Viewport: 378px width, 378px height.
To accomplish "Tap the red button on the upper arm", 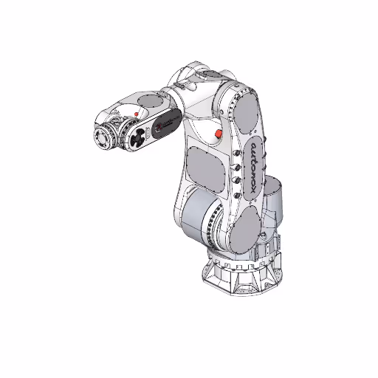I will pyautogui.click(x=217, y=133).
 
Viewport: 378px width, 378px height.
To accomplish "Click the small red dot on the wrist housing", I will pyautogui.click(x=137, y=112).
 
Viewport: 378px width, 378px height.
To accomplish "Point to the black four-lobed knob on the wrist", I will pyautogui.click(x=137, y=137).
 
